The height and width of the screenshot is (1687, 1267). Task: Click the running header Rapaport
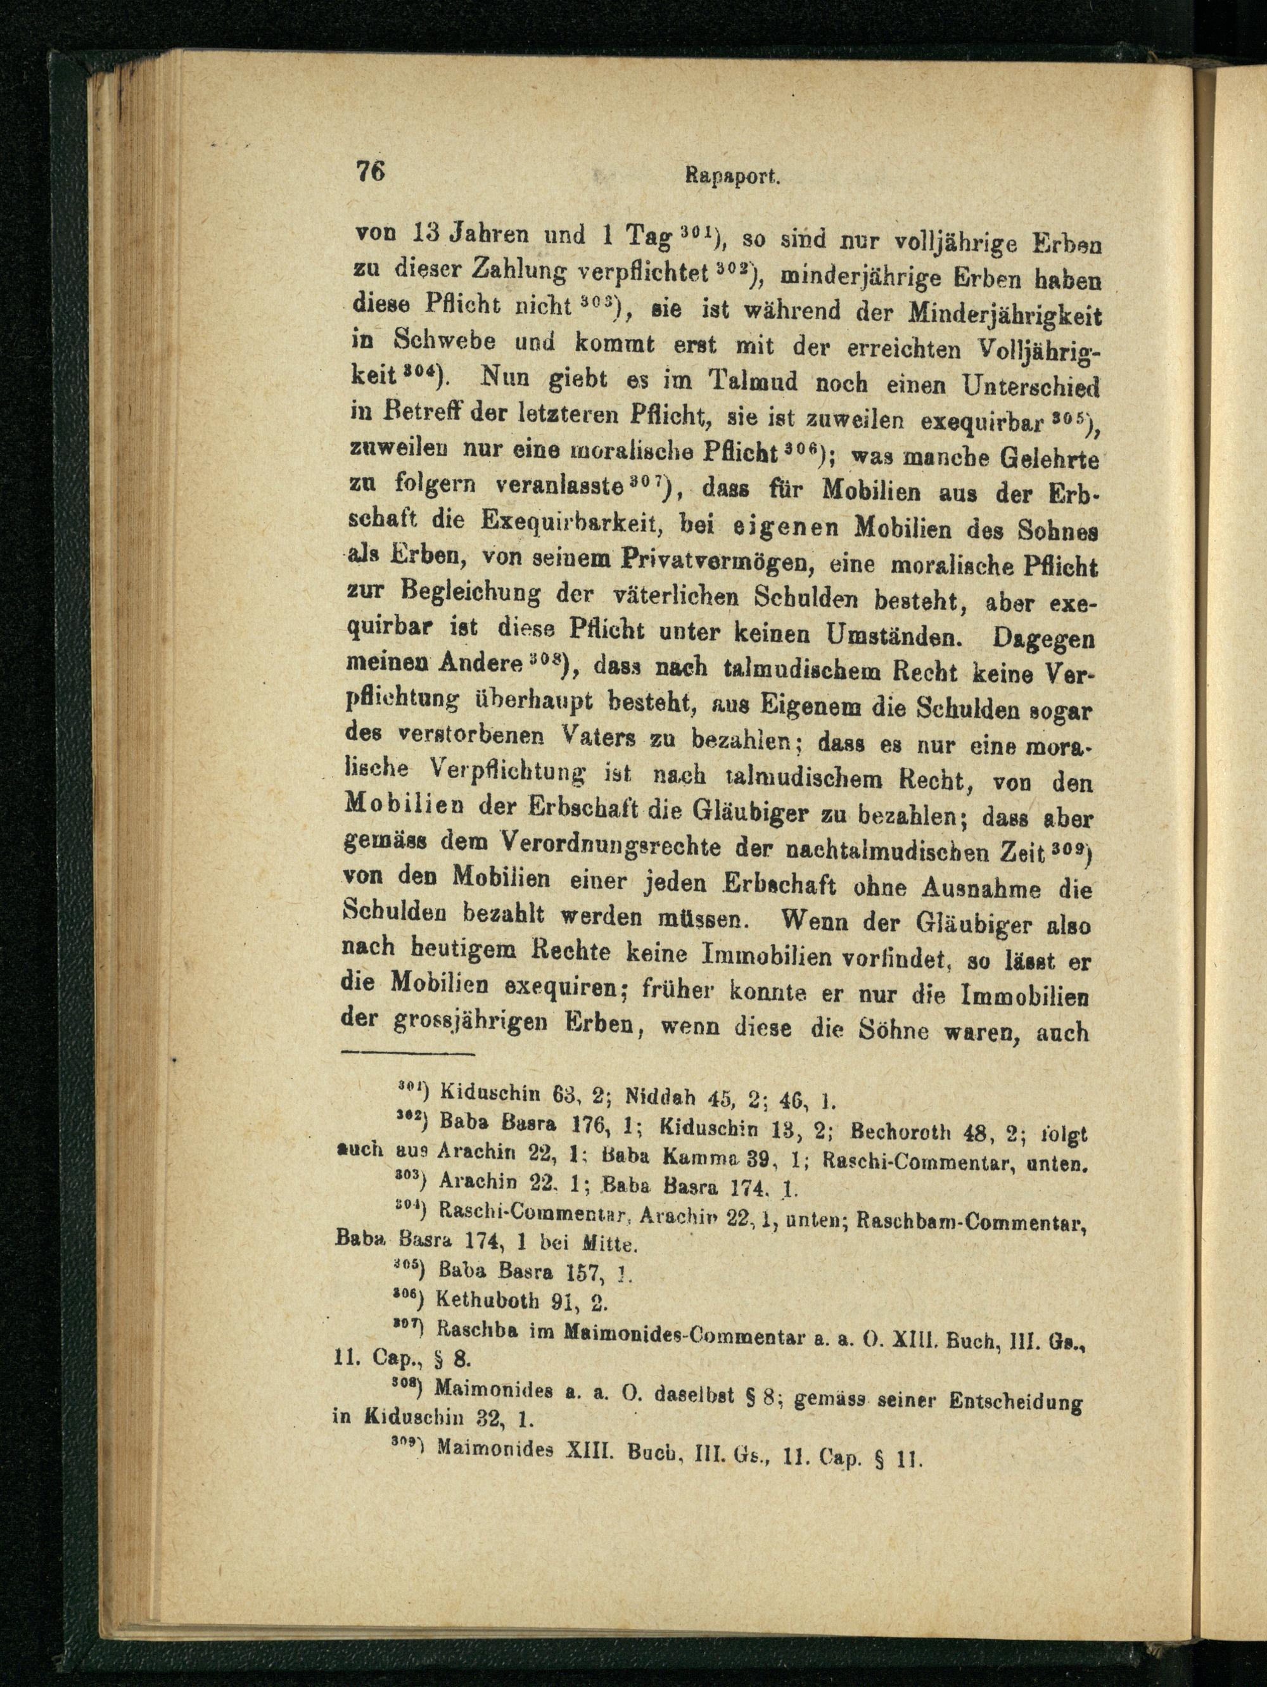[729, 177]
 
